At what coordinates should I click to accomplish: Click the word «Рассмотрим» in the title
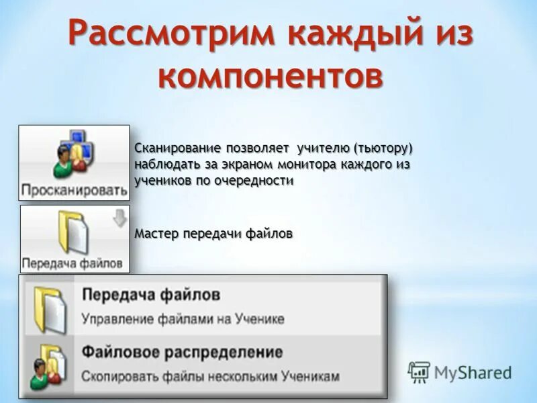(x=164, y=33)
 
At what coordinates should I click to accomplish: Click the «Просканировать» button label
(x=74, y=189)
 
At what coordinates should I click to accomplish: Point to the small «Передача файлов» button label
(x=72, y=263)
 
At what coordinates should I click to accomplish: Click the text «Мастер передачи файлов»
(x=213, y=234)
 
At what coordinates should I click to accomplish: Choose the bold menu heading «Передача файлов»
(x=151, y=295)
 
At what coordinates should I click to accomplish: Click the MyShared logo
(x=460, y=371)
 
